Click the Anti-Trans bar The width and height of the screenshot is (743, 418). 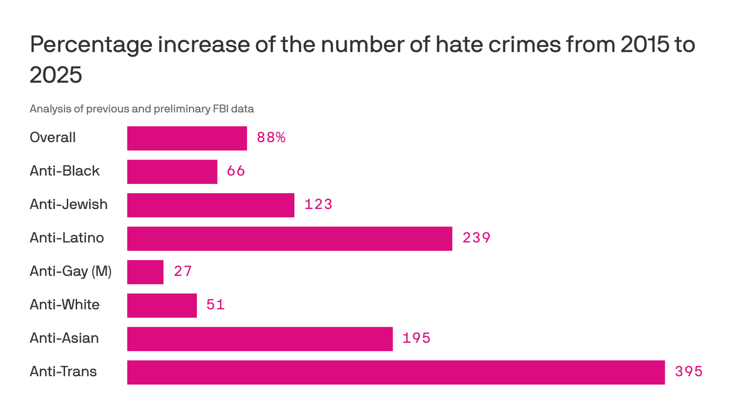click(x=395, y=372)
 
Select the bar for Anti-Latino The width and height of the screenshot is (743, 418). click(x=289, y=238)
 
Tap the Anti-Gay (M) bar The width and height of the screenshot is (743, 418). click(x=145, y=272)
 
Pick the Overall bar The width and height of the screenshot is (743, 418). click(x=187, y=138)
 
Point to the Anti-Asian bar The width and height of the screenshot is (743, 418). click(x=260, y=339)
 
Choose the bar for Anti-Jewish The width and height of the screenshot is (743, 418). click(x=210, y=205)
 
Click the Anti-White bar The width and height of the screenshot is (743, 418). click(x=162, y=305)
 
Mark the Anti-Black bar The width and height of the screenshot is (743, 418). click(x=172, y=171)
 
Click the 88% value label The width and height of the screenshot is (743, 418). click(x=271, y=138)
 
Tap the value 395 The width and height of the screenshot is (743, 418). click(x=689, y=372)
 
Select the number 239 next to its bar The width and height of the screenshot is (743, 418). click(x=476, y=238)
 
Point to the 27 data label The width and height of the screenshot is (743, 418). click(x=183, y=272)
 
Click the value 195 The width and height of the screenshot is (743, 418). click(x=416, y=339)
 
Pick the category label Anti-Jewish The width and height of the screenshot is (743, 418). click(x=69, y=205)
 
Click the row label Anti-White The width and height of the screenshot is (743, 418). click(x=64, y=305)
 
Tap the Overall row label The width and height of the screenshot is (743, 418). click(x=52, y=138)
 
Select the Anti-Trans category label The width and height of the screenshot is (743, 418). click(x=63, y=372)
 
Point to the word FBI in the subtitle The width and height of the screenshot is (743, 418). click(x=219, y=109)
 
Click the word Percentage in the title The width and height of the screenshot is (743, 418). click(x=90, y=45)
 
